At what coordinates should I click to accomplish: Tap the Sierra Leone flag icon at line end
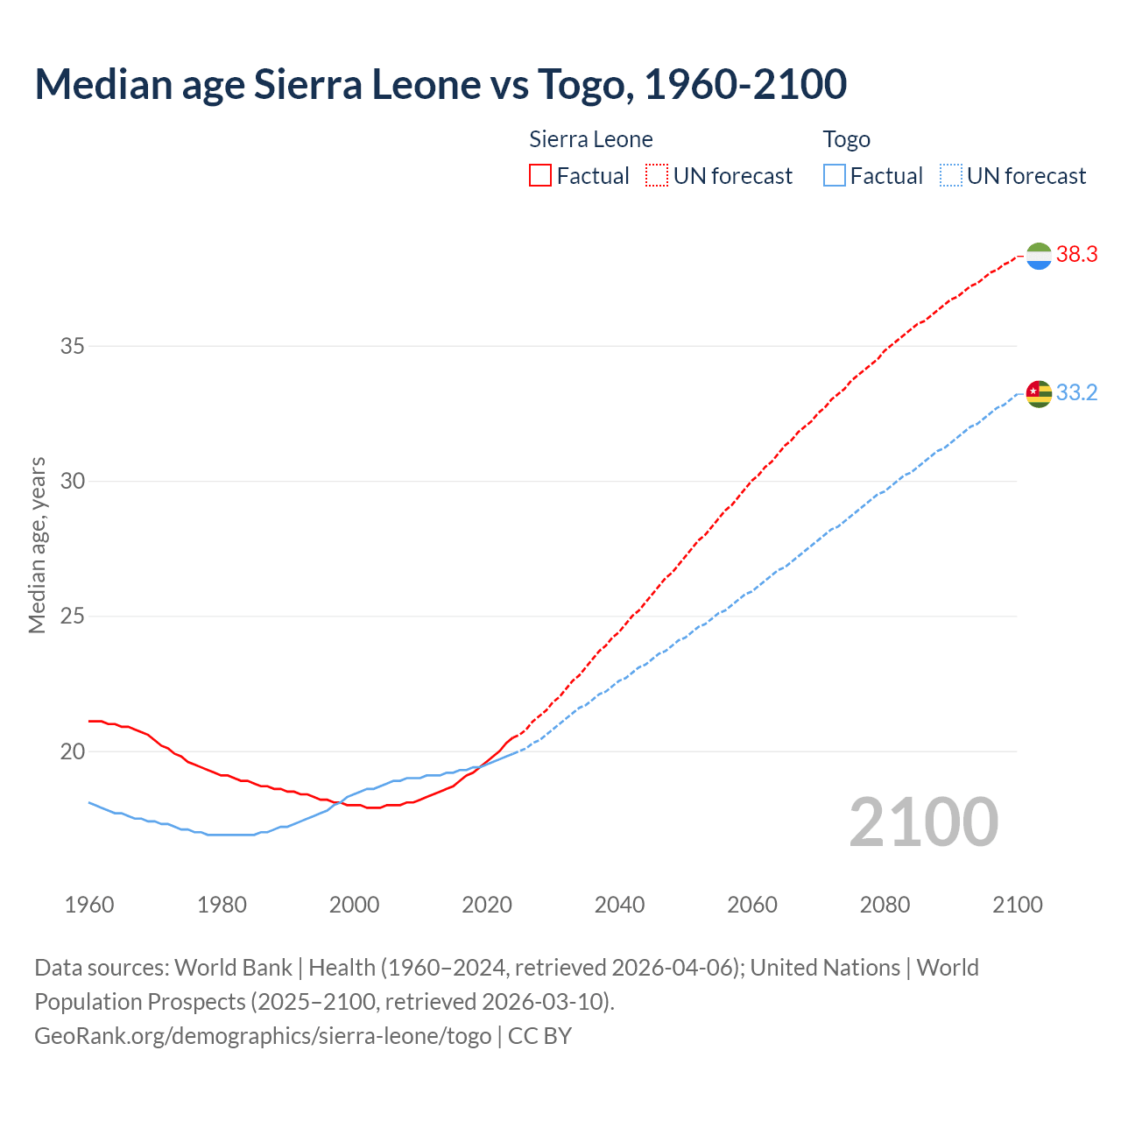1039,256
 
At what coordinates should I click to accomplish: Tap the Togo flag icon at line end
1039,393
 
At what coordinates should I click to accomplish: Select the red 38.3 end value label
1076,255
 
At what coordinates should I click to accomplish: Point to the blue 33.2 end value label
1076,393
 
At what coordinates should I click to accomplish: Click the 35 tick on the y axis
73,346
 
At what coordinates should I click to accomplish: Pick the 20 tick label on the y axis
73,751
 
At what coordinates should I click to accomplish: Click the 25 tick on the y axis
73,617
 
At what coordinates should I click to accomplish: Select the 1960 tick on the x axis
89,905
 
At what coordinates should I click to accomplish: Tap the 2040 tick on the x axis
619,905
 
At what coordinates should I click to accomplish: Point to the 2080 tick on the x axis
885,905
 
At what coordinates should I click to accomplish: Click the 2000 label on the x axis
354,905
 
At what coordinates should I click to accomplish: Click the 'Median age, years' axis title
37,545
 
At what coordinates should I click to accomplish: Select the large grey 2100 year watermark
923,822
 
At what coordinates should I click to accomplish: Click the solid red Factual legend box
540,176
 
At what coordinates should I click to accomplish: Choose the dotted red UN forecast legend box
657,176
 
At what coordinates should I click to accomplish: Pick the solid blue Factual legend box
835,176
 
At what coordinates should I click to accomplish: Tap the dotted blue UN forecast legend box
951,176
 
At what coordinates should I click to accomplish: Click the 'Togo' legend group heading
846,139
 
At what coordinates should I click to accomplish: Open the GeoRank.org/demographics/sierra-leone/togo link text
263,1036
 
